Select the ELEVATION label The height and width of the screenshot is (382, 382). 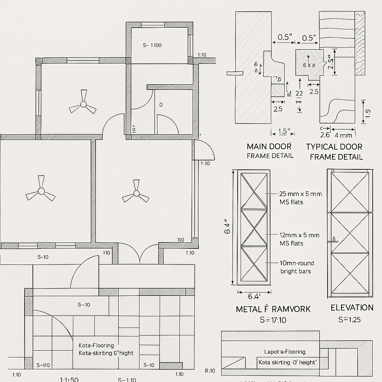(x=352, y=307)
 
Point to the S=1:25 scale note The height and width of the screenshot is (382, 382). (x=350, y=320)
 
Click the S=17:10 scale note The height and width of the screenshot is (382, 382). (x=273, y=320)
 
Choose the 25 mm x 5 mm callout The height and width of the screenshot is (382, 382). (x=300, y=194)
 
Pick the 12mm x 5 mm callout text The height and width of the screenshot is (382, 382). (x=300, y=235)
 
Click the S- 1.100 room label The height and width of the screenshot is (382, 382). (x=152, y=45)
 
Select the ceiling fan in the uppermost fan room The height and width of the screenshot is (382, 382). (x=83, y=104)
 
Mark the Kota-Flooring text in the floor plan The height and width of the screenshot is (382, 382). (x=96, y=345)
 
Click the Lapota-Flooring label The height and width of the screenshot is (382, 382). (x=285, y=352)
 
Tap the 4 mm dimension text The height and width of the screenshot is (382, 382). (x=344, y=135)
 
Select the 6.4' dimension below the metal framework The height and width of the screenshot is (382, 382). (x=254, y=297)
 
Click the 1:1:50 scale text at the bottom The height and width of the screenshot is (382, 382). (x=69, y=379)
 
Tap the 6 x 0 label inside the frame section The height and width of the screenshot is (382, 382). (x=309, y=65)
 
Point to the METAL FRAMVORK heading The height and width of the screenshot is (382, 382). (x=273, y=309)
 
